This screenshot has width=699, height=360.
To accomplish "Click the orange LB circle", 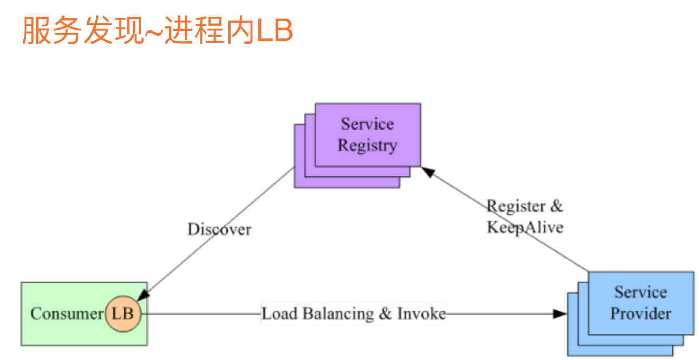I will (x=122, y=313).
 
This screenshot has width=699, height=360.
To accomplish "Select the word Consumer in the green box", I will (x=67, y=314).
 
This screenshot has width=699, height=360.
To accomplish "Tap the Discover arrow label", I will (x=219, y=230).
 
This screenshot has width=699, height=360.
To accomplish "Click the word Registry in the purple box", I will (x=367, y=146).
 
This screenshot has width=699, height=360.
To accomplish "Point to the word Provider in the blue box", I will (x=641, y=313).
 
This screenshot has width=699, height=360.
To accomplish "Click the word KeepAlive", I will (x=525, y=227).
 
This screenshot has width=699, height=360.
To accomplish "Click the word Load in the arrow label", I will (x=280, y=314).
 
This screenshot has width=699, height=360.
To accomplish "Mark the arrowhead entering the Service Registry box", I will (x=428, y=173).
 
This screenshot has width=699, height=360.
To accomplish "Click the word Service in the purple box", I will (x=367, y=124).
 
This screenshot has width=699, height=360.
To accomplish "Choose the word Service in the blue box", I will (x=641, y=292).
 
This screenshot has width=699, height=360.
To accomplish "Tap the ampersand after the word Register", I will (x=557, y=206).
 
